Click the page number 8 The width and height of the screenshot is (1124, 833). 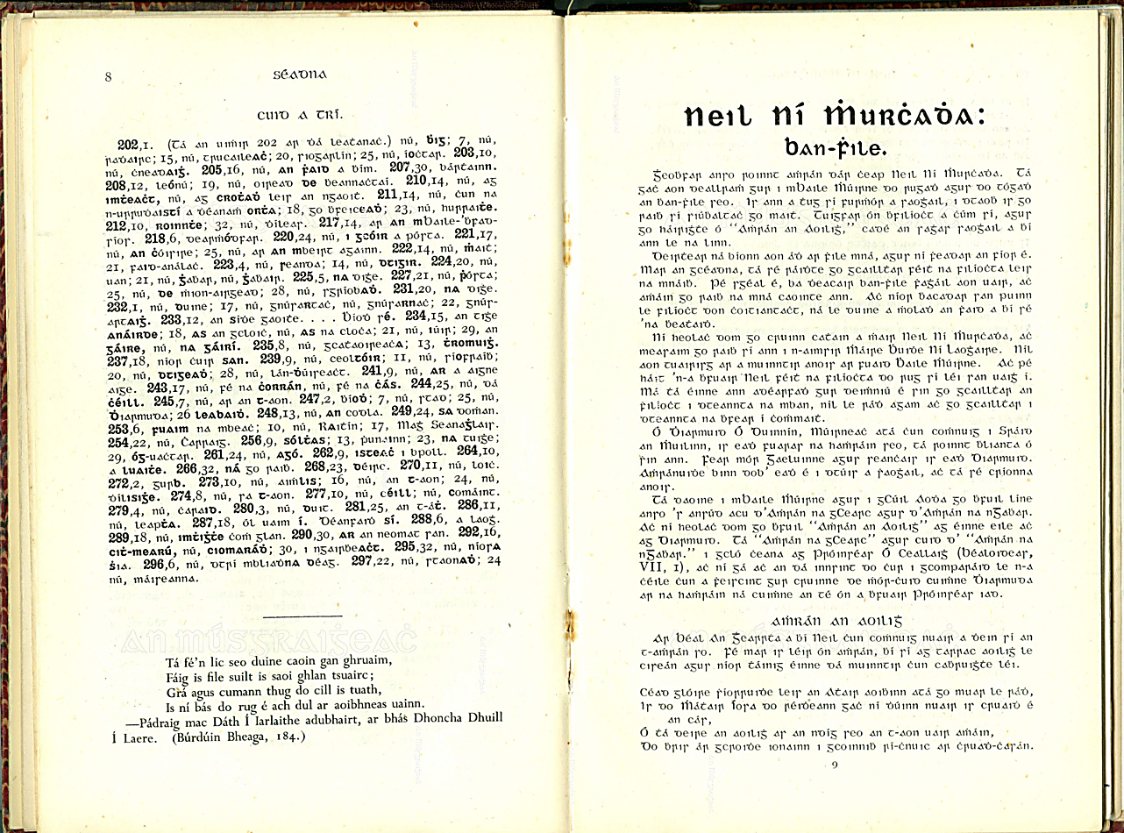coord(109,76)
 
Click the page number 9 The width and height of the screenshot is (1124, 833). coord(835,765)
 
